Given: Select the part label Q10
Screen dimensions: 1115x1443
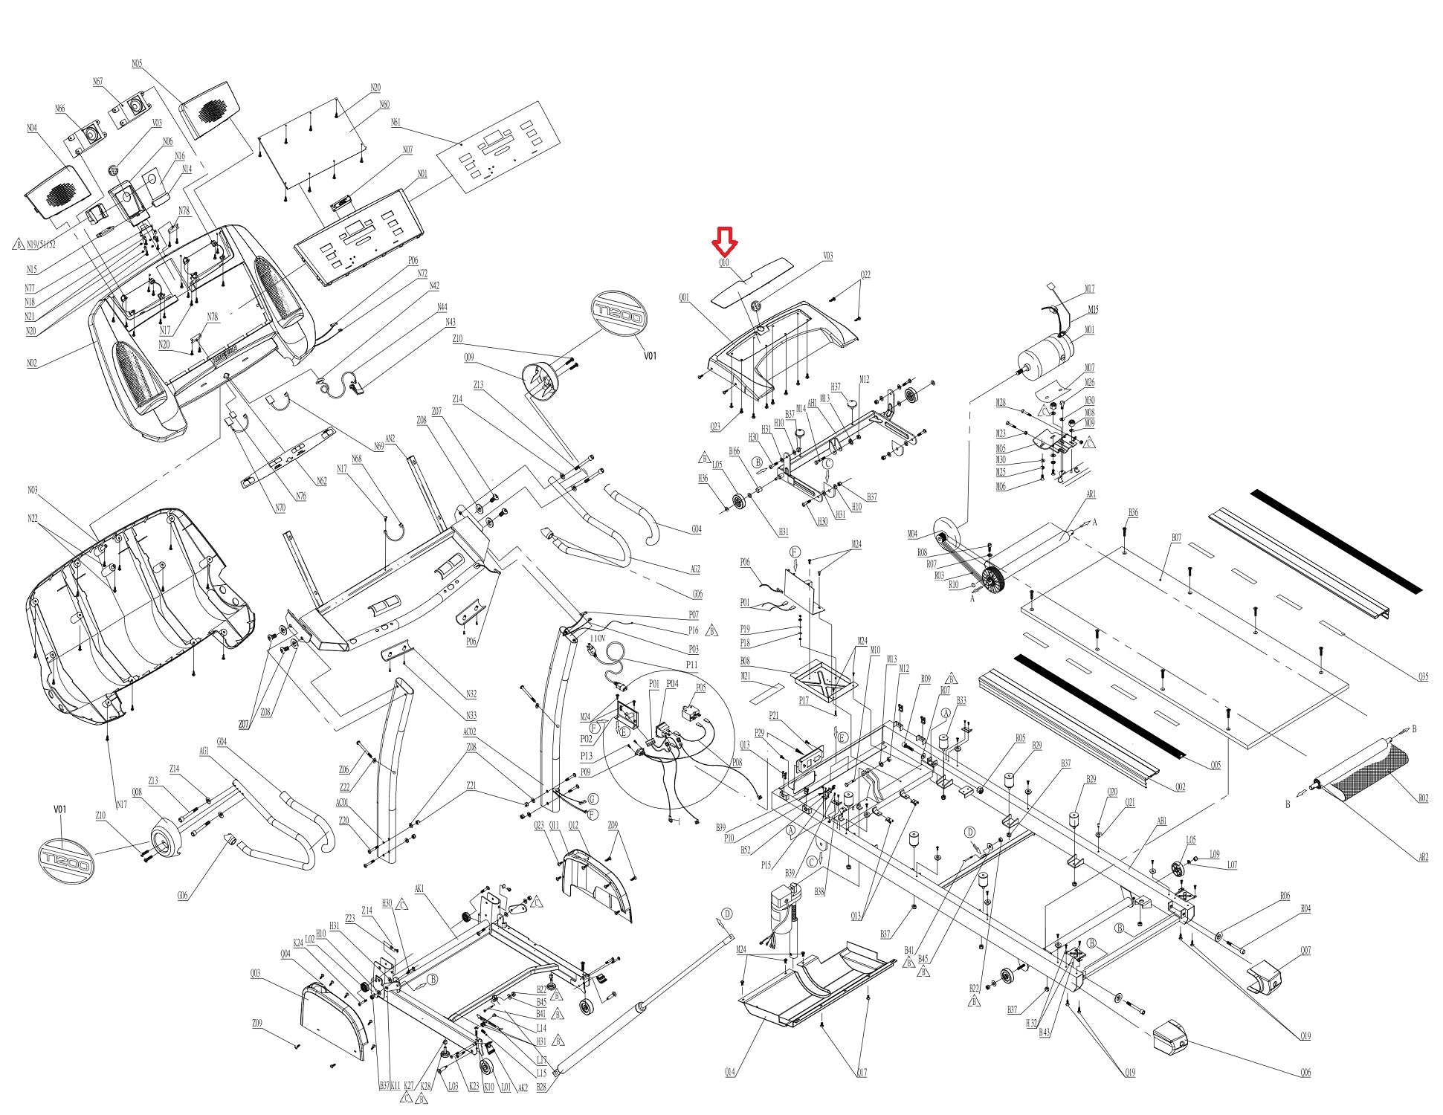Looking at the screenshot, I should pos(723,263).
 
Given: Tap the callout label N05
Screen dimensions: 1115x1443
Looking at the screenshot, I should pos(137,64).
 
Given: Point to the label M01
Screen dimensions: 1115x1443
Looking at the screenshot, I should pos(1090,330).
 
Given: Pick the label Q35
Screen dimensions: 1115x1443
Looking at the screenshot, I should pos(1422,677).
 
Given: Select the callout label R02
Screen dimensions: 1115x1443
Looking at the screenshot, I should pos(1422,798).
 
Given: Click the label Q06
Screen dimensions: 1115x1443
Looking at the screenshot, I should pos(1305,1073).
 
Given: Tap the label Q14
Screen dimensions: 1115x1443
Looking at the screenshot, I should pos(730,1072).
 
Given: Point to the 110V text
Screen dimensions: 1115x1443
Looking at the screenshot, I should pos(598,638).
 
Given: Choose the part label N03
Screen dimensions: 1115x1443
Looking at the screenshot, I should pos(33,490).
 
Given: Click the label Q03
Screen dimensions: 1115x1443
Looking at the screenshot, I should pos(255,974).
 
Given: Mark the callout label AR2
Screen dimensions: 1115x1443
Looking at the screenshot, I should pos(1422,857).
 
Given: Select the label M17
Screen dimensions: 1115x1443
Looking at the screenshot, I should pos(1090,289).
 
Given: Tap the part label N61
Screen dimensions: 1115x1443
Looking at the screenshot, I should pos(395,122).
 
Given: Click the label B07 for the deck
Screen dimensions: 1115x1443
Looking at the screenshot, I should pos(1176,537).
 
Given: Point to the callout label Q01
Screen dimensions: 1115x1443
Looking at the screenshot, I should pos(684,298).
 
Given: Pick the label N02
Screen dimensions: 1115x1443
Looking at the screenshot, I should pos(32,363).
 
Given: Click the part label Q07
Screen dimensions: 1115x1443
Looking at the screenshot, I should pos(1305,951).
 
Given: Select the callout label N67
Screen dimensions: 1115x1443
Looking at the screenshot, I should pos(98,82).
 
